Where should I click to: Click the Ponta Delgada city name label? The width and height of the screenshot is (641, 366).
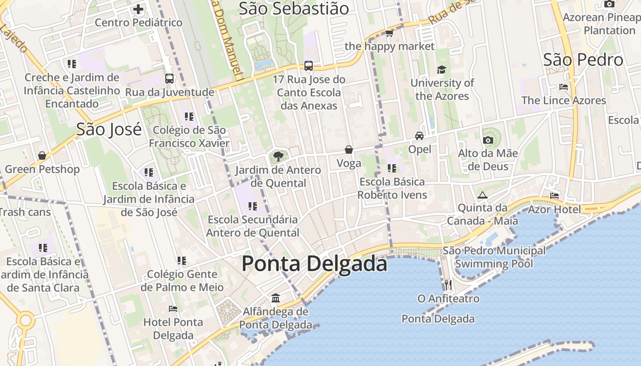[x=314, y=264]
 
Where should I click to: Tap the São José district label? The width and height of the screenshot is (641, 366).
[x=109, y=129]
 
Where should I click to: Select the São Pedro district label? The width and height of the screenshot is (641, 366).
[x=583, y=60]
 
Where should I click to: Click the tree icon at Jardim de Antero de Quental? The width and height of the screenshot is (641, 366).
[x=278, y=157]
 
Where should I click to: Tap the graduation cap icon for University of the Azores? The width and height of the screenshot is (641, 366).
[x=441, y=70]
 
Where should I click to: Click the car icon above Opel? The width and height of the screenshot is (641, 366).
[x=419, y=136]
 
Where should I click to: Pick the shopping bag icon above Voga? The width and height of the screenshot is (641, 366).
[x=349, y=150]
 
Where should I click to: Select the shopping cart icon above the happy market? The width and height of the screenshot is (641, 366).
[x=389, y=33]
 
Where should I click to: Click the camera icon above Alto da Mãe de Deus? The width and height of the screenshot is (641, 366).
[x=488, y=140]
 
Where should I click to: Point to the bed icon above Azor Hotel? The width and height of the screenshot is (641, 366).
[x=554, y=196]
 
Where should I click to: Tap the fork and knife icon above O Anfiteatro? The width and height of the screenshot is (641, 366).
[x=448, y=285]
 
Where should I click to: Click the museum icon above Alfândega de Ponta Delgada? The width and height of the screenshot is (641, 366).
[x=276, y=298]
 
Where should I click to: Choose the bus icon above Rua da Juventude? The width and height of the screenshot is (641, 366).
[x=169, y=79]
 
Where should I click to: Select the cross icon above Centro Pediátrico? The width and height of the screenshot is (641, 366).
[x=138, y=9]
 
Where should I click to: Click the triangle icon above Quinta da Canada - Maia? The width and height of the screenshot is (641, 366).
[x=482, y=195]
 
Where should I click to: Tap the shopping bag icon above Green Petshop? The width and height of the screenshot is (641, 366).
[x=42, y=156]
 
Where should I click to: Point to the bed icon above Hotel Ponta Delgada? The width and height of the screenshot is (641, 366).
[x=173, y=309]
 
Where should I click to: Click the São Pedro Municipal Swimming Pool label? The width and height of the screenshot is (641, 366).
[x=494, y=257]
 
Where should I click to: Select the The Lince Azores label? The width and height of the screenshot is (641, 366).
[x=563, y=100]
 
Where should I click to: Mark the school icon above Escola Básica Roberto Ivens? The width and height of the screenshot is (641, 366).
[x=391, y=168]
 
